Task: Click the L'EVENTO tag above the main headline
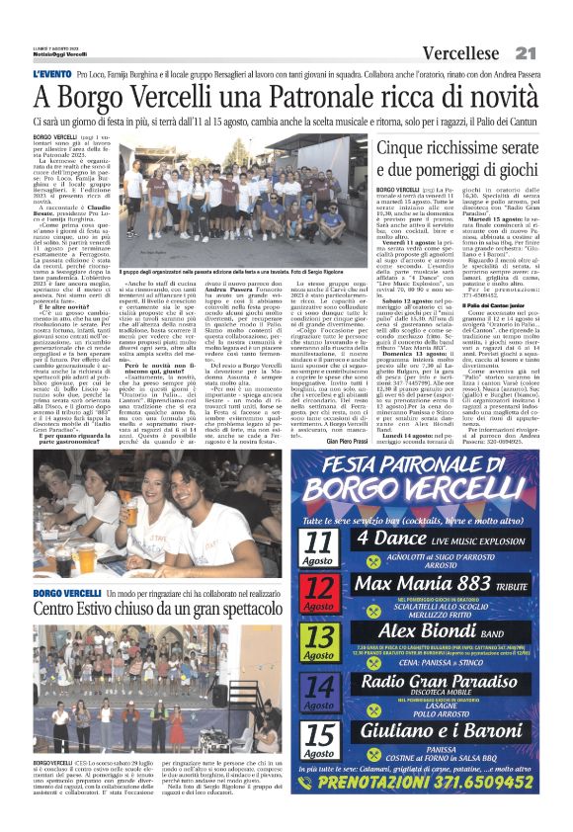(x=50, y=74)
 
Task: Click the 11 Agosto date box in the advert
(x=319, y=544)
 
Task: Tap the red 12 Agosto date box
(x=319, y=592)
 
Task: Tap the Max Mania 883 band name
(x=433, y=583)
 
